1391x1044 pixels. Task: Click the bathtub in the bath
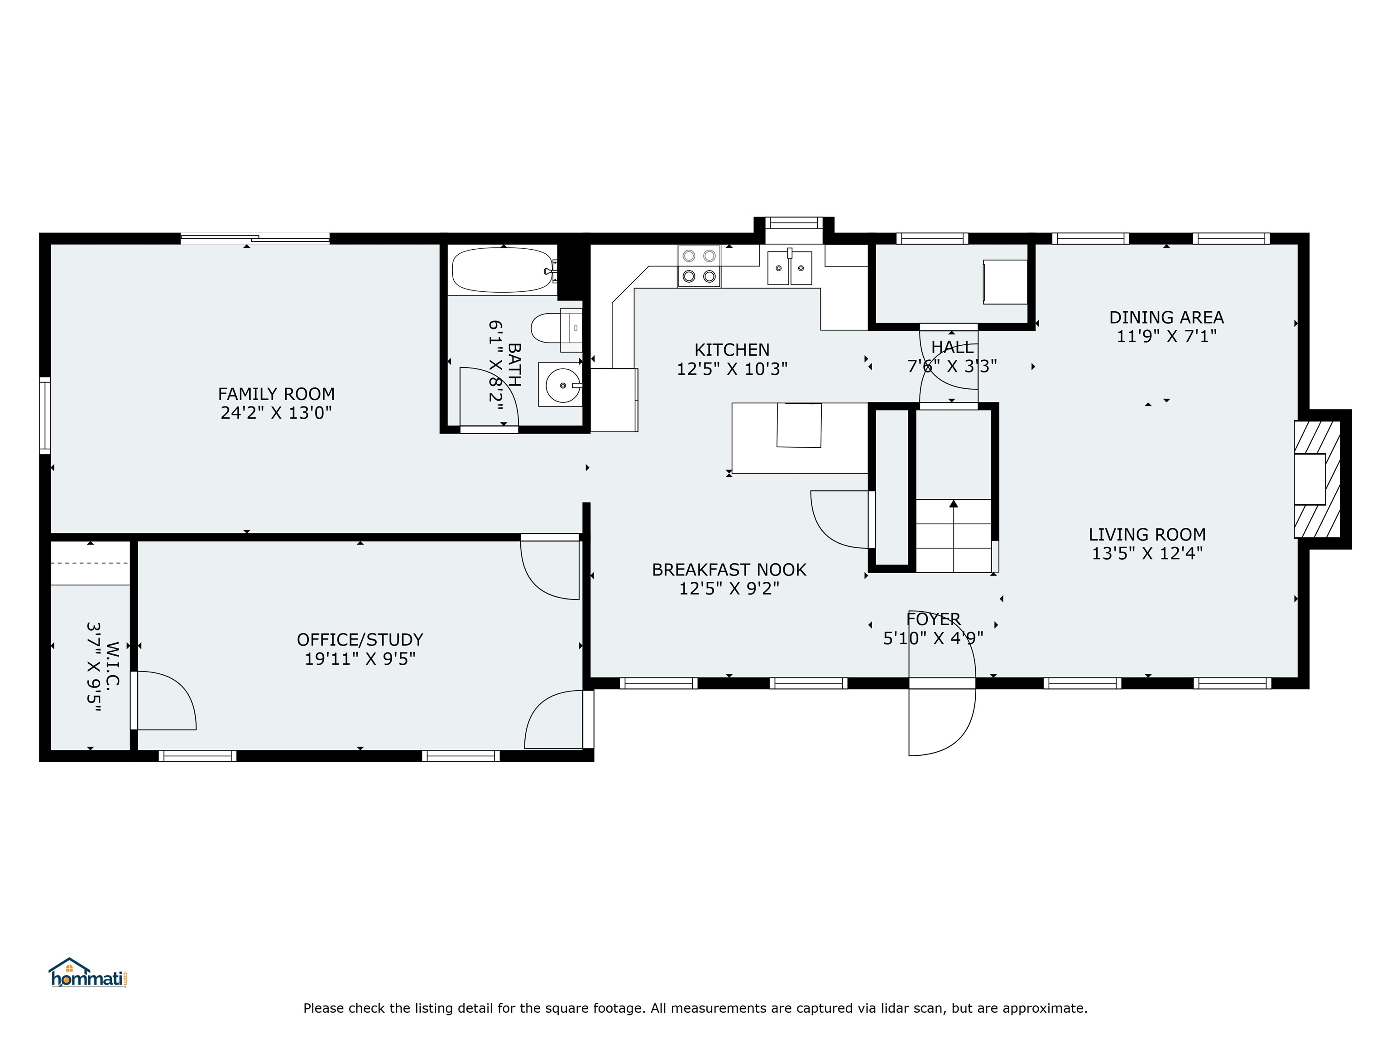503,270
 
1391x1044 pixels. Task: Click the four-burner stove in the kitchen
699,266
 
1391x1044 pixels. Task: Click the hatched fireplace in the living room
1317,479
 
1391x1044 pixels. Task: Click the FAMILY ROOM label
276,394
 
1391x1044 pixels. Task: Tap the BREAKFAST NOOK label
729,570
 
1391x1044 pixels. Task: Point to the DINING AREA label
1166,317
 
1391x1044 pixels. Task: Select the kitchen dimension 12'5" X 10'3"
732,369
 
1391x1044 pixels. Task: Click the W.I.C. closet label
113,667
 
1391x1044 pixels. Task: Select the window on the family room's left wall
45,416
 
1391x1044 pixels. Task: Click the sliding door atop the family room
255,238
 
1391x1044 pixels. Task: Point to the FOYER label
933,619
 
